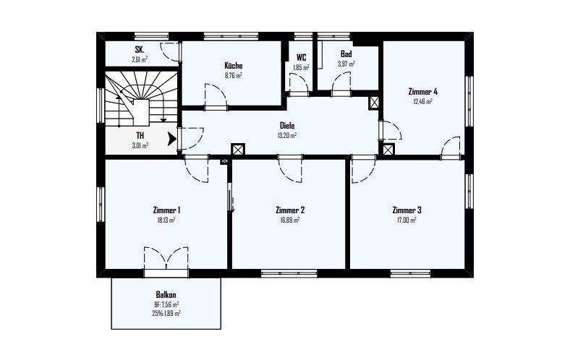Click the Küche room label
point(233,66)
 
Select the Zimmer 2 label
point(290,210)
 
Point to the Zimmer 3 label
point(407,210)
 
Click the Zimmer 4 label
point(423,92)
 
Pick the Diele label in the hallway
point(287,125)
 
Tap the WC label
point(301,58)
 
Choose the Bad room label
point(346,54)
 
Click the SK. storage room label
point(139,50)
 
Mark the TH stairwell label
point(140,135)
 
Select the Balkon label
point(166,295)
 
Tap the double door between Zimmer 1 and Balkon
point(166,258)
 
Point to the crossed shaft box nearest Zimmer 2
point(237,150)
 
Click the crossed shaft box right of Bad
point(374,103)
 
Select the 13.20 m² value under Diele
point(287,134)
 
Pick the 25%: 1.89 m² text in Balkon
point(166,313)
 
